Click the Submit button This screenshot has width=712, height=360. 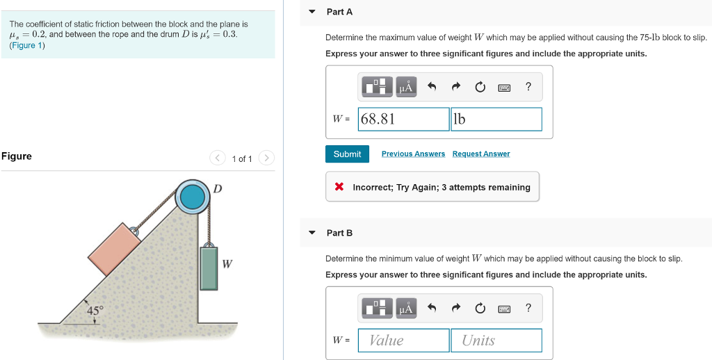click(x=347, y=154)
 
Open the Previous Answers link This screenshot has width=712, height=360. click(x=413, y=154)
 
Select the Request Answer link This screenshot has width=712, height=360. click(x=480, y=154)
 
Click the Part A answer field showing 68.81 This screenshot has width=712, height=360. click(x=403, y=119)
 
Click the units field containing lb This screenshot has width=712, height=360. click(x=496, y=119)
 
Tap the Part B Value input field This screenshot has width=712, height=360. click(x=403, y=340)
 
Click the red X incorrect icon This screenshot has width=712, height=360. click(x=339, y=187)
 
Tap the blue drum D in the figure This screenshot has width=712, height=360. click(x=191, y=197)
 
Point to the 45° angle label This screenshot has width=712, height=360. click(x=95, y=311)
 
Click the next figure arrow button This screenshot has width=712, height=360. click(x=267, y=158)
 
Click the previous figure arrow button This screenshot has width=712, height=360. click(x=218, y=158)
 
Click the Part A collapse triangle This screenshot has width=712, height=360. click(x=312, y=12)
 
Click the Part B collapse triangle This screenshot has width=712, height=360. click(x=312, y=233)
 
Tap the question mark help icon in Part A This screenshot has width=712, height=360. click(x=528, y=87)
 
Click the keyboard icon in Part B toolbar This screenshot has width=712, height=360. click(x=504, y=308)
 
